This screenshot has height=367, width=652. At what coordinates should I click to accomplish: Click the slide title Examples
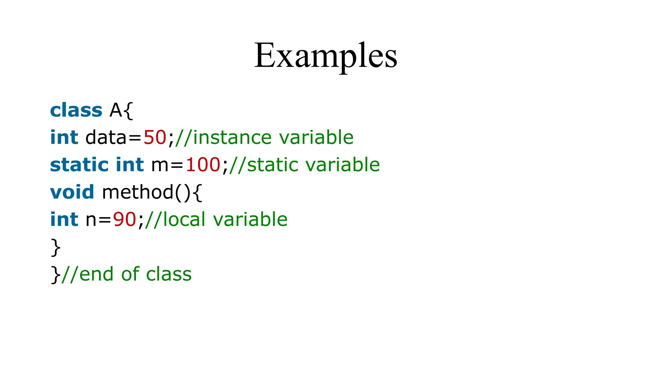[x=325, y=56]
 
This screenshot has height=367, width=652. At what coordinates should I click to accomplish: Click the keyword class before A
[x=76, y=111]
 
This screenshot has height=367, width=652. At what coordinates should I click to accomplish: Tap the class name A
[x=116, y=111]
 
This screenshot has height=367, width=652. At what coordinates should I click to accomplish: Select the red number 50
[x=155, y=138]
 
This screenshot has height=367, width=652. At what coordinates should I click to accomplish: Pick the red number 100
[x=203, y=165]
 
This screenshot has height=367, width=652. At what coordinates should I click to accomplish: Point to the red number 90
[x=124, y=220]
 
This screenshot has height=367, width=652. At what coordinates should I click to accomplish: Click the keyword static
[x=79, y=165]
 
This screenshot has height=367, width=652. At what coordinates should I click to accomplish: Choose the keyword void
[x=72, y=192]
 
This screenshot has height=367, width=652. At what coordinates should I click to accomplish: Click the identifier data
[x=106, y=138]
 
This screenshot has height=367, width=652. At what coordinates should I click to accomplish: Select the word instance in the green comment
[x=232, y=138]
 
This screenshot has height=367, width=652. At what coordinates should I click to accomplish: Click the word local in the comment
[x=184, y=220]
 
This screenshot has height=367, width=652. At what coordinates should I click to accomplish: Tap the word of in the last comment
[x=130, y=274]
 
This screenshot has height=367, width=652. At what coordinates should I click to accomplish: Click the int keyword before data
[x=64, y=138]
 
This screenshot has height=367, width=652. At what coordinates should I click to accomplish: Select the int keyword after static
[x=130, y=165]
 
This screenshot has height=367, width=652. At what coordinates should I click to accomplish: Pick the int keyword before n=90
[x=64, y=220]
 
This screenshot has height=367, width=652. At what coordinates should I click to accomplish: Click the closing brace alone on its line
[x=55, y=247]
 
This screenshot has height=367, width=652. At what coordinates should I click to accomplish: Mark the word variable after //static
[x=343, y=165]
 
